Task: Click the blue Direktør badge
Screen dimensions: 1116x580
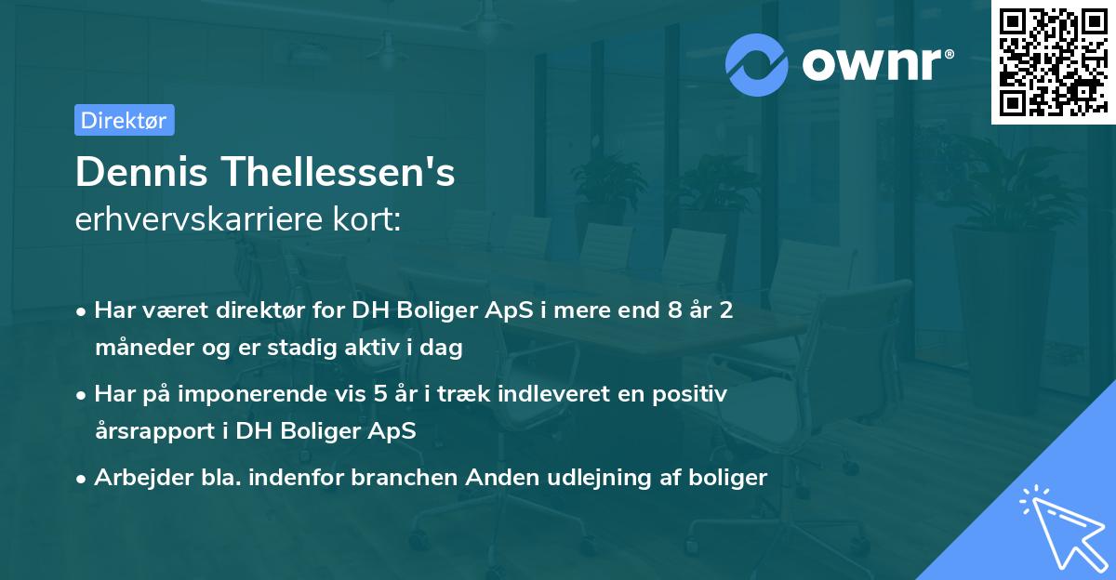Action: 125,120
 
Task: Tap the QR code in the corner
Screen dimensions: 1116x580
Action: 1053,62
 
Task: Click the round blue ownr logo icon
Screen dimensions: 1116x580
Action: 756,65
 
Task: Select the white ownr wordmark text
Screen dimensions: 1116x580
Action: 871,65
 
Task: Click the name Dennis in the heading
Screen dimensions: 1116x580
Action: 141,172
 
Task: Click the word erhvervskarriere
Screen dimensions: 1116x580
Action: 199,219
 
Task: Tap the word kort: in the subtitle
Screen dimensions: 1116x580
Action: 367,219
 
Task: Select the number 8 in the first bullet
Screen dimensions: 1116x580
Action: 674,310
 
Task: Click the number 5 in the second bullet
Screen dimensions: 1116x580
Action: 380,394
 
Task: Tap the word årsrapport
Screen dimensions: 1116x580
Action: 155,431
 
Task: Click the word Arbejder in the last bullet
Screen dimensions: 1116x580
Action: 143,478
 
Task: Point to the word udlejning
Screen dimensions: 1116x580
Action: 600,478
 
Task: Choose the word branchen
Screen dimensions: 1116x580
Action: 404,477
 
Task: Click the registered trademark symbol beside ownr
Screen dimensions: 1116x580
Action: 949,54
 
